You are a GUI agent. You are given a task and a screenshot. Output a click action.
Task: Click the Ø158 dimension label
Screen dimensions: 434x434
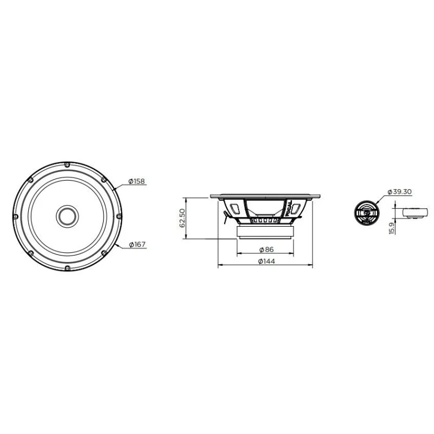137,181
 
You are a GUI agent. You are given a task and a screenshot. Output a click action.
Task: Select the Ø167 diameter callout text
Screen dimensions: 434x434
138,245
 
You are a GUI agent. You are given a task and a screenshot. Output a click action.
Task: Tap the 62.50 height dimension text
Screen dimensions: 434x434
182,218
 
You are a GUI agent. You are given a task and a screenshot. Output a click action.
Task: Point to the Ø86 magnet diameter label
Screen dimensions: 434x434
266,250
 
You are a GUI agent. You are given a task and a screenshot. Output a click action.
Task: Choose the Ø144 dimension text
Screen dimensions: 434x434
266,261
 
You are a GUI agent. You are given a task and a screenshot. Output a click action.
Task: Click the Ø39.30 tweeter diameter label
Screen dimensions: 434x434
399,192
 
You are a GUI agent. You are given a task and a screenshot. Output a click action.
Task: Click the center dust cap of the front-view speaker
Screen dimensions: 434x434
67,216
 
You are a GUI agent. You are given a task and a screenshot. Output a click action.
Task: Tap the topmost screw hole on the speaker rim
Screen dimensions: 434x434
67,165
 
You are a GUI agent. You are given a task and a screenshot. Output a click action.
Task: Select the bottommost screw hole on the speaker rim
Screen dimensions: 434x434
67,268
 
